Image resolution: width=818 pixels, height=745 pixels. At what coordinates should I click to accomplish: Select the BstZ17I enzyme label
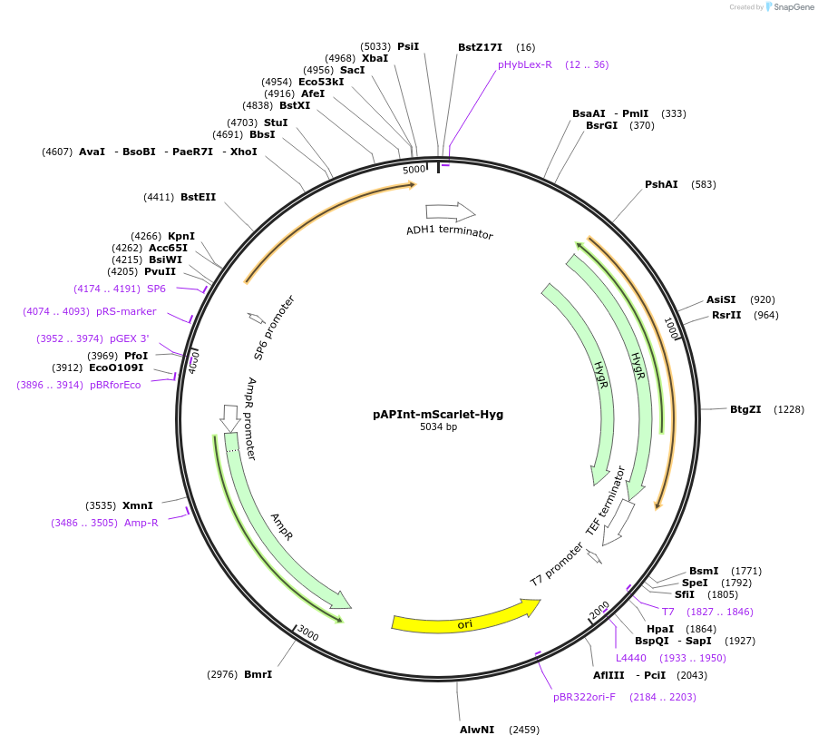tap(480, 47)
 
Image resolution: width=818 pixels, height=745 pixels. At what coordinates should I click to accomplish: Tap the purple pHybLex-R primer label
tap(524, 64)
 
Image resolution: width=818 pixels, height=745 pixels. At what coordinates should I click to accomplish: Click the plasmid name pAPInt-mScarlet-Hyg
tap(438, 414)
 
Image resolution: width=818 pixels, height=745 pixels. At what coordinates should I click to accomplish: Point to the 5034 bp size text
tap(438, 426)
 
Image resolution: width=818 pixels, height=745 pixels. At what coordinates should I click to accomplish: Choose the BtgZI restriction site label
tap(745, 409)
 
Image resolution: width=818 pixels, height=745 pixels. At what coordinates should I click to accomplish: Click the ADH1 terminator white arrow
tap(452, 212)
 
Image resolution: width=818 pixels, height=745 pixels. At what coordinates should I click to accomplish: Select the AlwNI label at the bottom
tap(477, 729)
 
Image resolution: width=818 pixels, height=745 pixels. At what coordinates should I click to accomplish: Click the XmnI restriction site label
tap(138, 505)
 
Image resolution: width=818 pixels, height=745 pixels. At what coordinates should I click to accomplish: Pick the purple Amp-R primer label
tap(141, 523)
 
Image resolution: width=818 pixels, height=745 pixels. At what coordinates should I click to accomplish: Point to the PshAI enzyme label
tap(661, 184)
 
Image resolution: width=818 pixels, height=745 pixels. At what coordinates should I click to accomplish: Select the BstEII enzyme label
tap(198, 197)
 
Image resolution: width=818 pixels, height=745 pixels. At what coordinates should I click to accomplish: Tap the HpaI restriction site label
tap(660, 628)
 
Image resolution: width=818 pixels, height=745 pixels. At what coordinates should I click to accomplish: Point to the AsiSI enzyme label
tap(722, 299)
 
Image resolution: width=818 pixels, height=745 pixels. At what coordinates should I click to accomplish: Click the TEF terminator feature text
tap(606, 501)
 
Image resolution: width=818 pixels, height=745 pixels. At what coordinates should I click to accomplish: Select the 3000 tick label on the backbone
tap(308, 633)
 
